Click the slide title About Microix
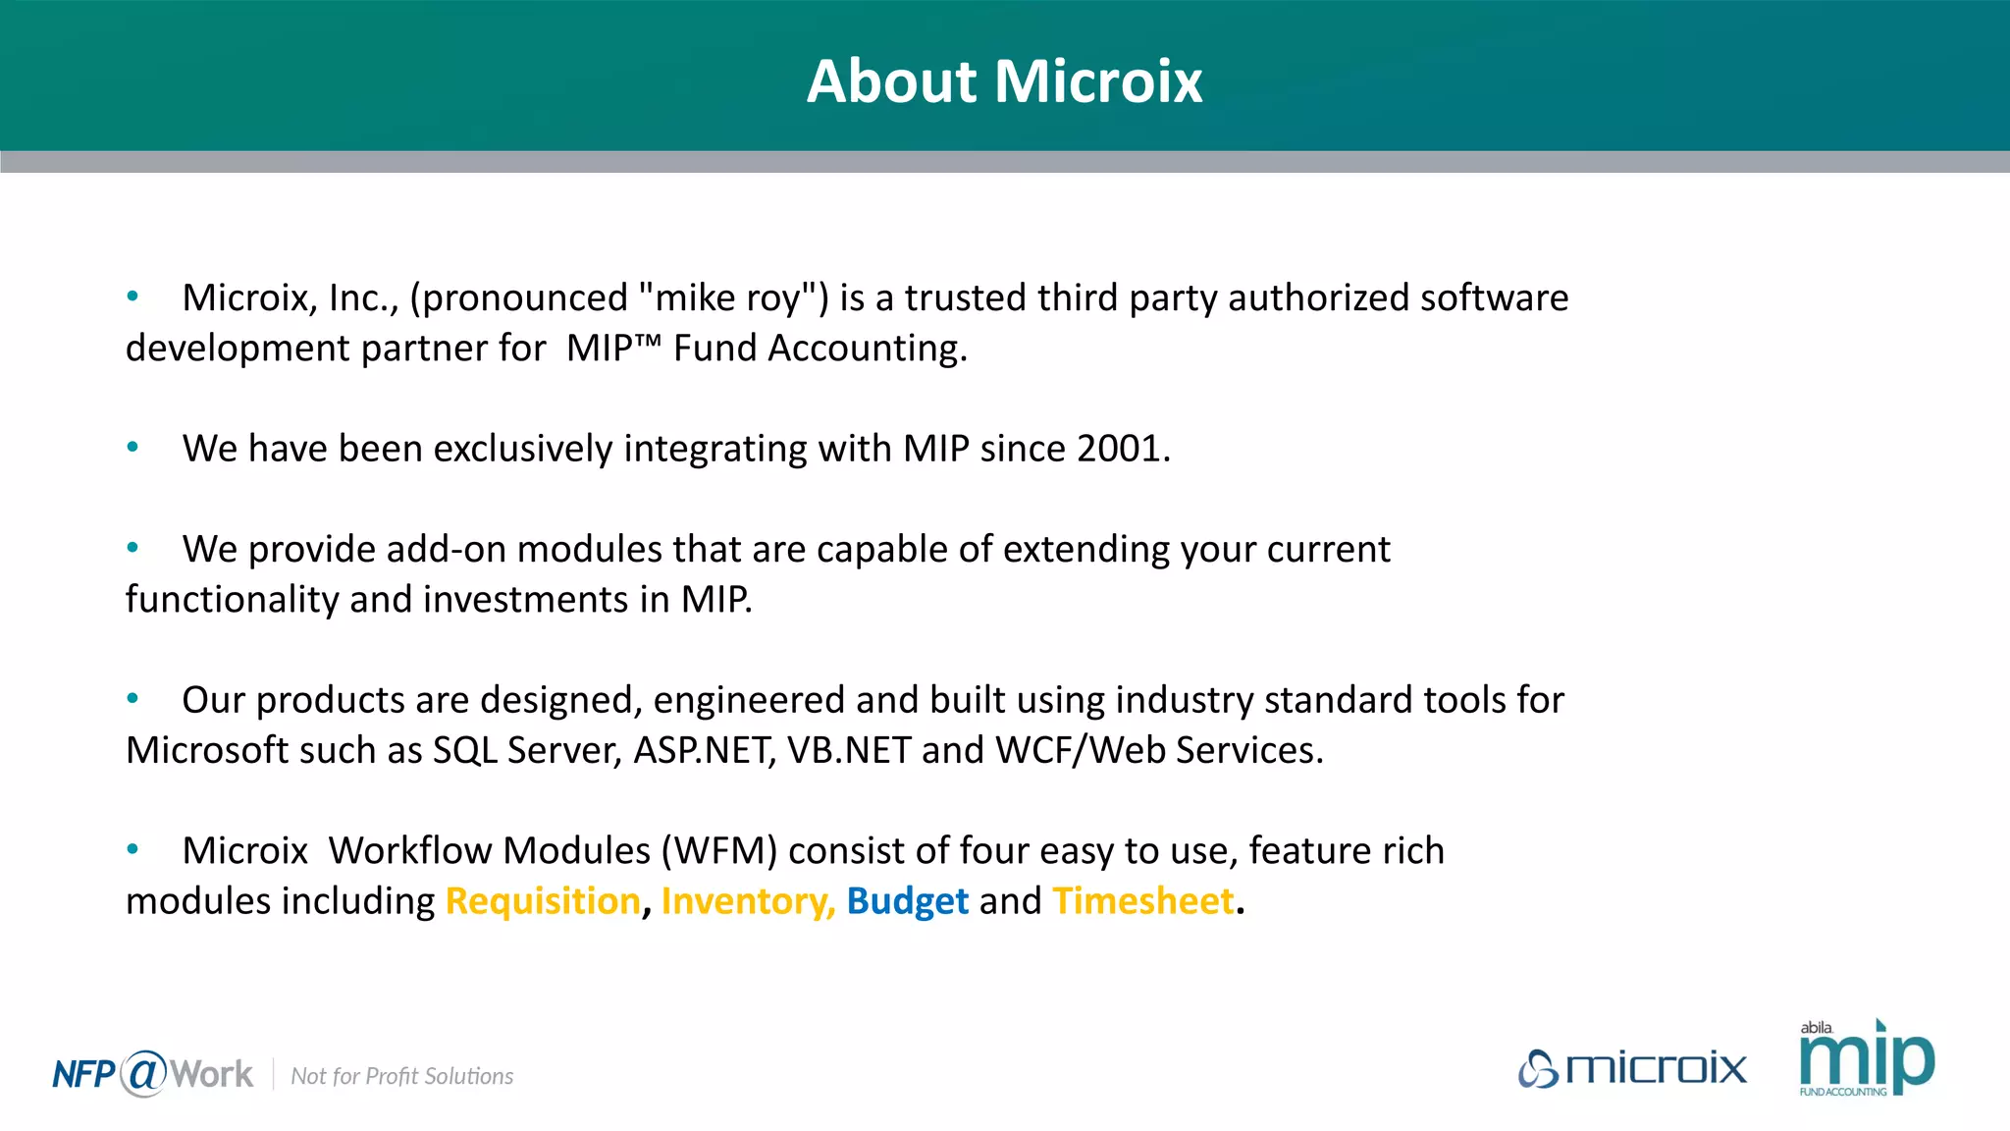1004,81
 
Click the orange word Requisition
543,901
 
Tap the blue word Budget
907,901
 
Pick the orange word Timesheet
1142,901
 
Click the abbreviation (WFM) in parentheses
719,851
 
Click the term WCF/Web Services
1158,751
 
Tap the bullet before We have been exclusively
132,448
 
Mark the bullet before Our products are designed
132,699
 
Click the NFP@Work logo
152,1074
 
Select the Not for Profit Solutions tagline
401,1077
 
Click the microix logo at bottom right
1632,1068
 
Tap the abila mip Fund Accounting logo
1866,1058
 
